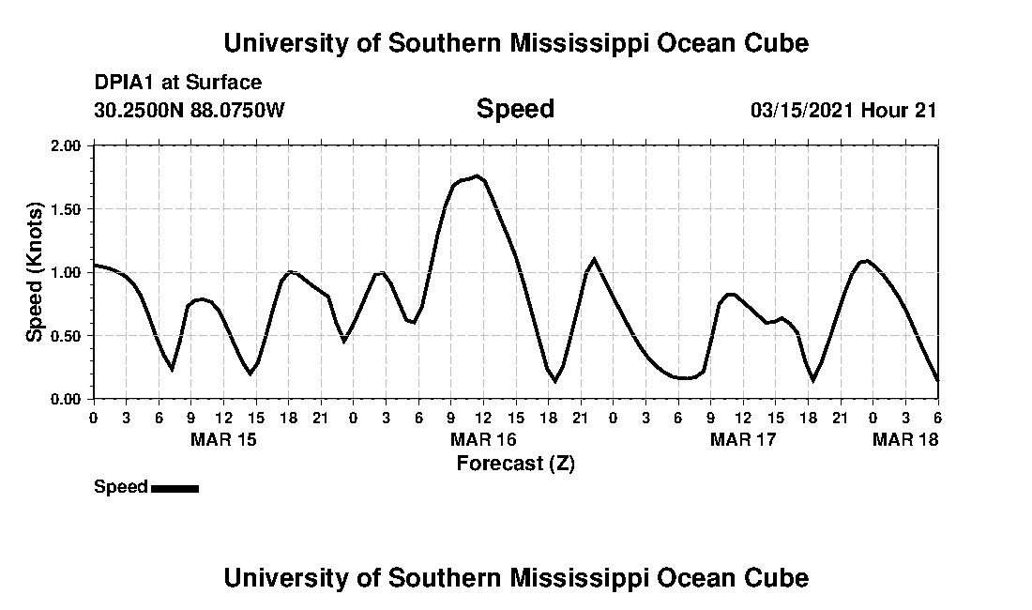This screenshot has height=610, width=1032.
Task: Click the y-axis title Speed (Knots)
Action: click(x=35, y=272)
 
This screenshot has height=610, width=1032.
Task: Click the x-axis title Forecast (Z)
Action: click(x=515, y=463)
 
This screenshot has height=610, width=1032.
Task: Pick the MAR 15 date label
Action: click(x=223, y=439)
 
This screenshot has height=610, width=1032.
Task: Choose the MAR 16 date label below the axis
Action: click(x=483, y=439)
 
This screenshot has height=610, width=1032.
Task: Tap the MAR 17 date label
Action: click(x=743, y=439)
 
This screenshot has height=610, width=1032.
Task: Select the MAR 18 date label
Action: click(x=905, y=439)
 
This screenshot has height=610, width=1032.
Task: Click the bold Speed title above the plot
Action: click(x=515, y=109)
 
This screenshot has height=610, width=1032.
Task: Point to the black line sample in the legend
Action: click(x=175, y=488)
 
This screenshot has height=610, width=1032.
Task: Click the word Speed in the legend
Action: click(x=121, y=487)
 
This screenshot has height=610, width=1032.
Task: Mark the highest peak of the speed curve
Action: click(x=477, y=175)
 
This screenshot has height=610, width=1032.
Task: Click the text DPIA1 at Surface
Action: click(x=178, y=83)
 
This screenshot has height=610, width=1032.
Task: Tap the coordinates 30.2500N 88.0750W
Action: click(x=189, y=110)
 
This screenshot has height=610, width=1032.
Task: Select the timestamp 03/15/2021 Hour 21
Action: click(x=843, y=110)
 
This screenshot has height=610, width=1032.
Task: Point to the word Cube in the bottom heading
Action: click(x=773, y=577)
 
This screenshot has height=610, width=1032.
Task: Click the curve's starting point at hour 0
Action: click(x=94, y=265)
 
